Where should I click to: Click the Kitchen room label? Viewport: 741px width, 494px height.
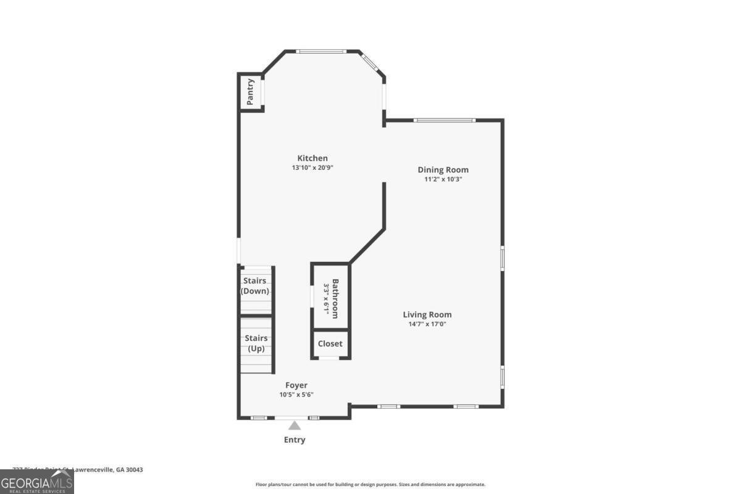312,158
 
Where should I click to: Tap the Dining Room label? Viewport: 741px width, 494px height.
443,170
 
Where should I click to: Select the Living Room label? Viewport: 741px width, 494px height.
427,314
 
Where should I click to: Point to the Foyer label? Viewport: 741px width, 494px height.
296,385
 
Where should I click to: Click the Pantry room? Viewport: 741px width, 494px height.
251,92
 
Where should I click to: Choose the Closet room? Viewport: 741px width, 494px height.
330,344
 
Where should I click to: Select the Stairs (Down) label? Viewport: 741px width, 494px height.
254,286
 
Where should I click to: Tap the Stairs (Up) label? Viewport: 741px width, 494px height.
256,343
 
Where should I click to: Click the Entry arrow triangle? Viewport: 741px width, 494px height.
295,425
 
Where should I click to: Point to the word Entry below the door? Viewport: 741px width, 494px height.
295,440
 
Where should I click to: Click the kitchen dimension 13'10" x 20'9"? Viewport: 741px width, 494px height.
312,167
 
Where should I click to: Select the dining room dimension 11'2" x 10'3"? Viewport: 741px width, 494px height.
443,179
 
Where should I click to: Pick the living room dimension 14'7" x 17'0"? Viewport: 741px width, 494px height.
427,324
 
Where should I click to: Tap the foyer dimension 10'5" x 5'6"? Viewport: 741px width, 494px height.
296,395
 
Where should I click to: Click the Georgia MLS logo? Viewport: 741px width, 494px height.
37,482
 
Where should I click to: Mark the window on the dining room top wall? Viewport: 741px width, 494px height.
445,120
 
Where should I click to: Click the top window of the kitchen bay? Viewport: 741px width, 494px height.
321,51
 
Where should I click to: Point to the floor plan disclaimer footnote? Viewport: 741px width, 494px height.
371,485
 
